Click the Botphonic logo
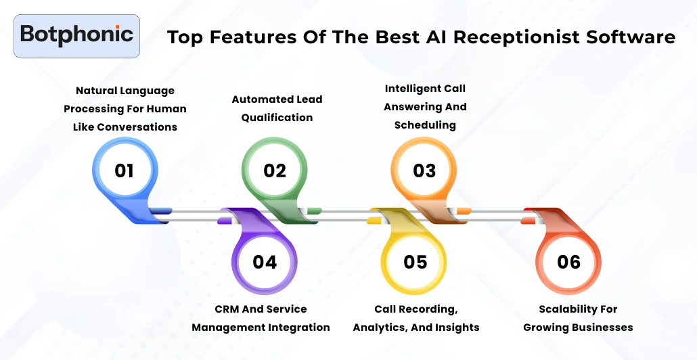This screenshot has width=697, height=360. [x=76, y=35]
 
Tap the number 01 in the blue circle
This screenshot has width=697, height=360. [x=124, y=171]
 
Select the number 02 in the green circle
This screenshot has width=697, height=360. [x=275, y=171]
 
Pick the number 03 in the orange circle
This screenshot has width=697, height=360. [x=424, y=171]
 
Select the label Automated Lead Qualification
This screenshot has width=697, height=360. [x=277, y=108]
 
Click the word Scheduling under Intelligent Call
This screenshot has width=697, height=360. [x=425, y=125]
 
